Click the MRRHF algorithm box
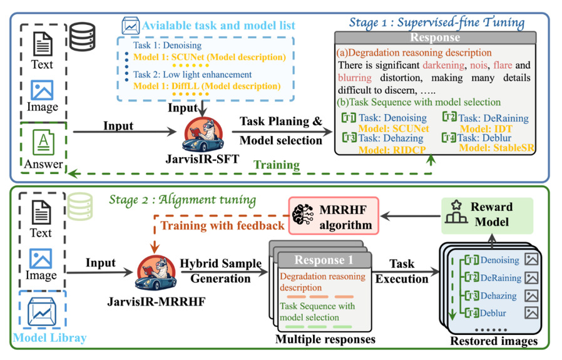coord(334,217)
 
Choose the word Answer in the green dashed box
coord(44,164)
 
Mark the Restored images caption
coord(493,341)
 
